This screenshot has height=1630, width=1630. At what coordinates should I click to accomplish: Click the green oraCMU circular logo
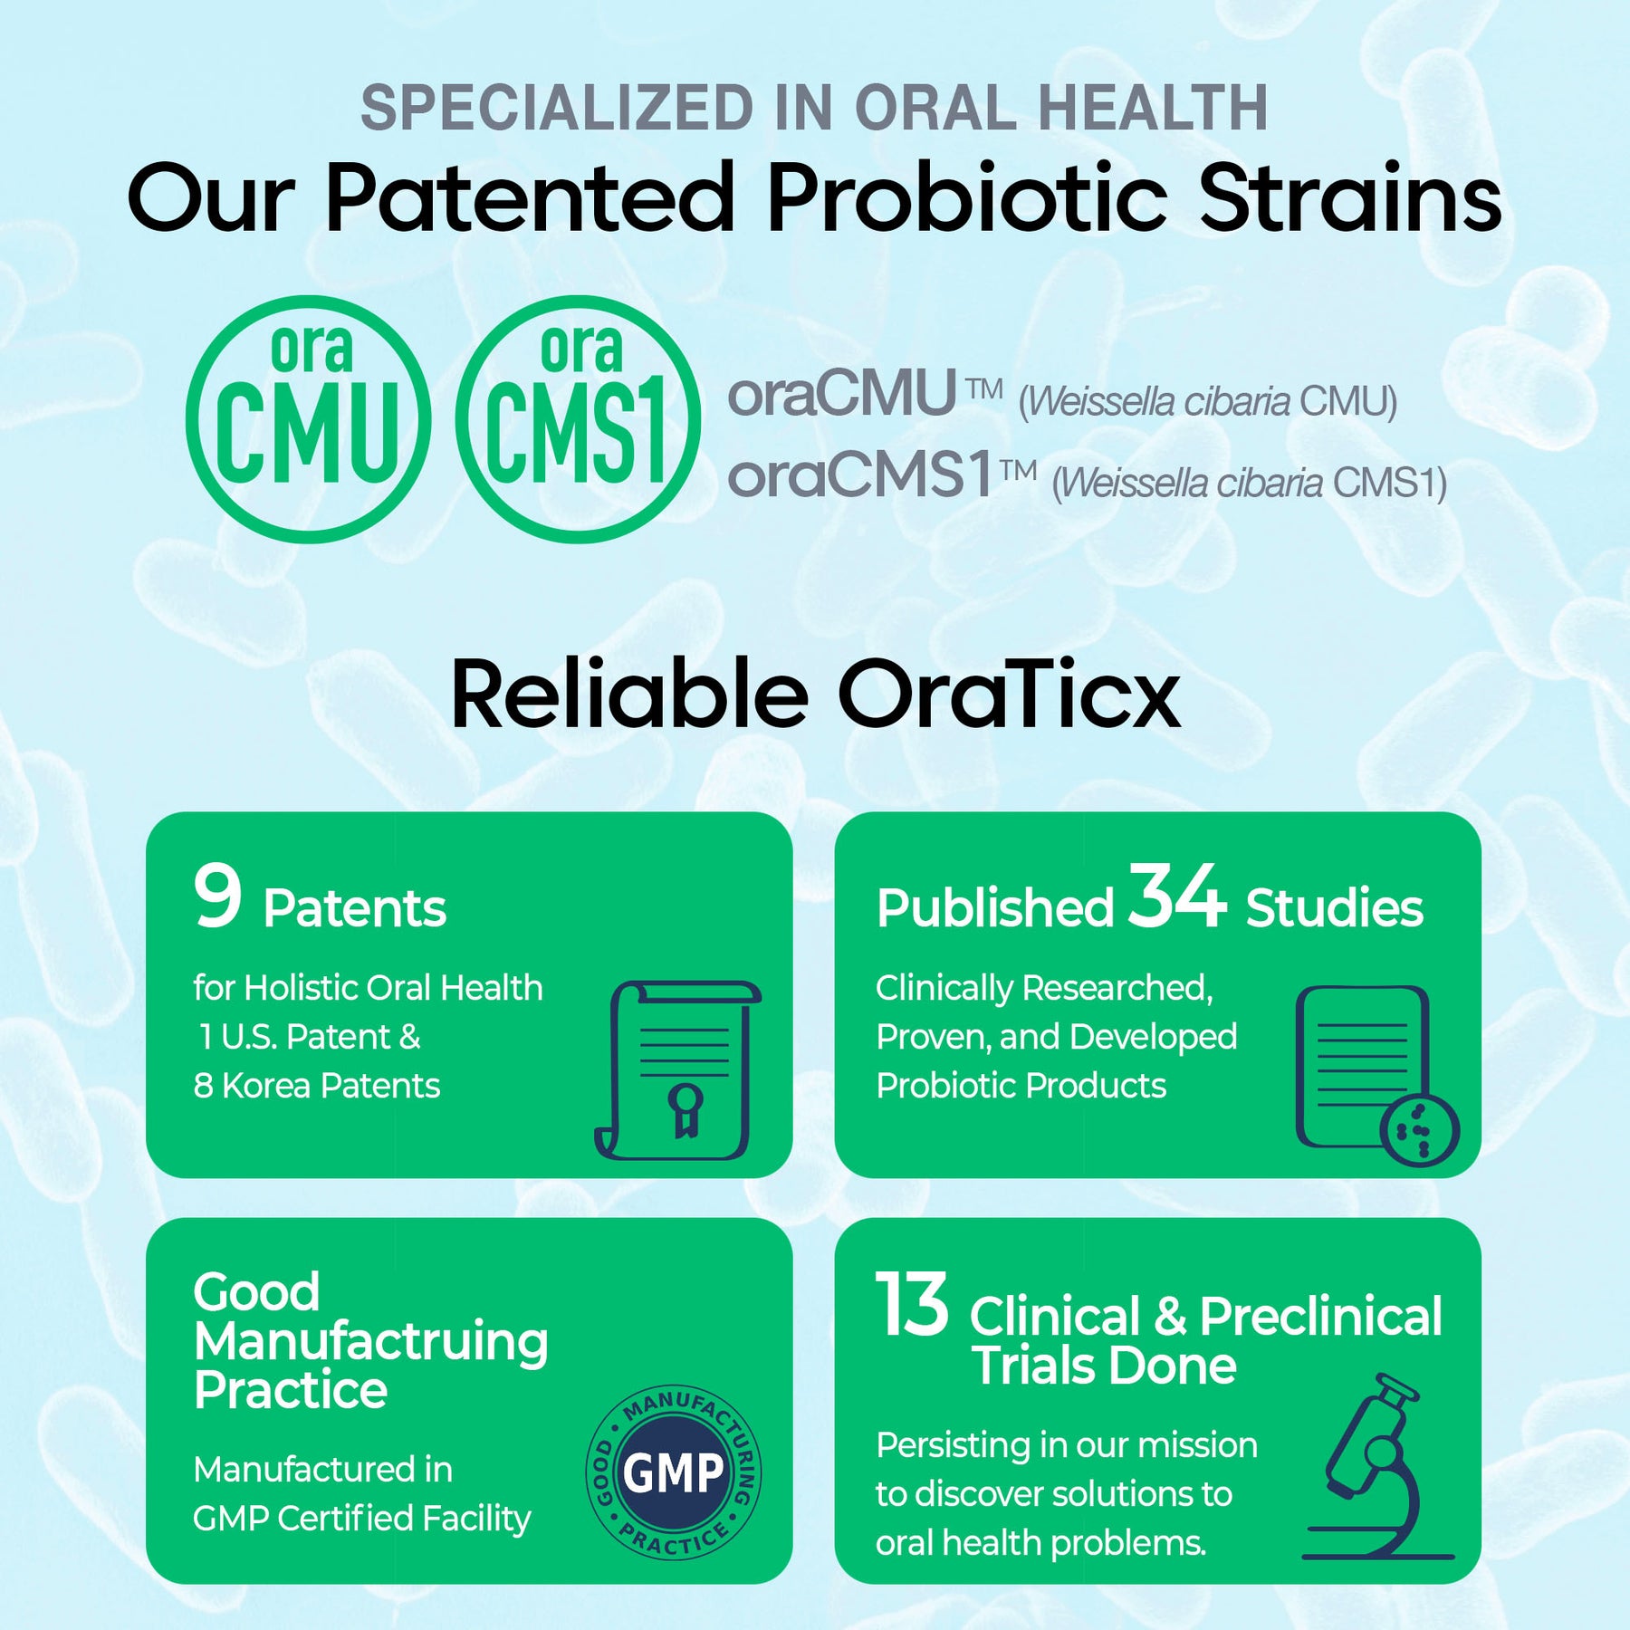click(x=308, y=419)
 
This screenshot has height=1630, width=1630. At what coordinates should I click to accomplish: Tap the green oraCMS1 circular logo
click(x=579, y=419)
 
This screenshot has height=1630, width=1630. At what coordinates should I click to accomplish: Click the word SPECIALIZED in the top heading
click(x=557, y=108)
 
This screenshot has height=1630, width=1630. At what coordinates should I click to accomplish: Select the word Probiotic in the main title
click(x=967, y=197)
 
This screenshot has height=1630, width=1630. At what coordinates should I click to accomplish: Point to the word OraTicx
click(x=1010, y=694)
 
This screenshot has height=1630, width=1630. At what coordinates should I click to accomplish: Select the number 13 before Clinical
click(x=912, y=1304)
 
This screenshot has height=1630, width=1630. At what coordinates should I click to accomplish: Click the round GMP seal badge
click(x=674, y=1472)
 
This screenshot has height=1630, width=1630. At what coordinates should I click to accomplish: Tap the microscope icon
click(x=1377, y=1466)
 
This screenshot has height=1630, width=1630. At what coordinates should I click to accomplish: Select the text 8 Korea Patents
click(x=317, y=1085)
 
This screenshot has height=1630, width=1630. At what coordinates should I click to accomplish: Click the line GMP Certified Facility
click(x=362, y=1519)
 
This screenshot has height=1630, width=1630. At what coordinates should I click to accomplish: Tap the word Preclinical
click(x=1321, y=1316)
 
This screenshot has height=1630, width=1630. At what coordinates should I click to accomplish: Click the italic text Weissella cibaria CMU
click(x=1208, y=402)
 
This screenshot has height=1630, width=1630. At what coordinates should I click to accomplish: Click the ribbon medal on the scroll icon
click(x=685, y=1108)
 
